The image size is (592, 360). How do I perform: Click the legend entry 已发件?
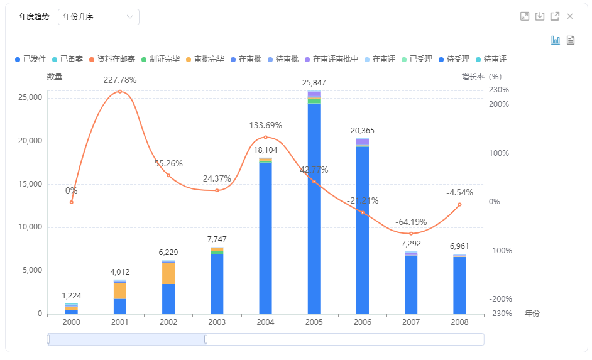pos(30,59)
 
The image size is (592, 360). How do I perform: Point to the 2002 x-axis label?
pos(168,321)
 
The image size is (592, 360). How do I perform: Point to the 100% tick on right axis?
pos(499,153)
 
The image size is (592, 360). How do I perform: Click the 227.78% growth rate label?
pos(120,80)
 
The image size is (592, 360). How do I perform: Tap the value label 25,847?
pos(314,82)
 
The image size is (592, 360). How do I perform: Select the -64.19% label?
pos(411,222)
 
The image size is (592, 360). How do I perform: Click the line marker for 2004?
pos(265,137)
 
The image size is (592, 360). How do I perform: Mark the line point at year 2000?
pos(72,202)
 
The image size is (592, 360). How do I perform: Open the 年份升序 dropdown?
pos(98,17)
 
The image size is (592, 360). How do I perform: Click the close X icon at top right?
pos(570,16)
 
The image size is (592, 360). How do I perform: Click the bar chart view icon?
pos(556,40)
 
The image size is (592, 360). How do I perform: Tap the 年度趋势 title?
pos(34,17)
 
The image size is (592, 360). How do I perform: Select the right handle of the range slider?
pos(206,339)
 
